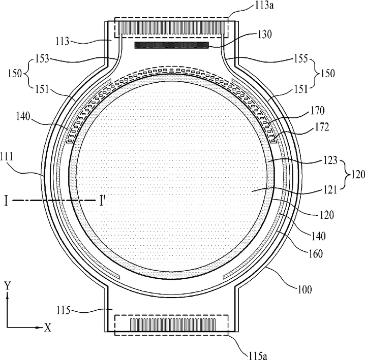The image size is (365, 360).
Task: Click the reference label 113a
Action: tap(264, 6)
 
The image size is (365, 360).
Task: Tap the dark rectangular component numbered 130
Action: tap(171, 45)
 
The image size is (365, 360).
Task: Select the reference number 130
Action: tap(264, 35)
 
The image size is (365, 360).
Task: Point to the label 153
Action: tap(42, 58)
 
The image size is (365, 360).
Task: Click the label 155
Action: tap(300, 58)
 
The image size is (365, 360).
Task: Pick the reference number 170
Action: tap(317, 110)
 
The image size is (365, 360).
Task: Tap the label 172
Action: tap(321, 127)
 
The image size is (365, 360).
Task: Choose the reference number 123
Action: tap(330, 160)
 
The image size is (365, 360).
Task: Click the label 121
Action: tap(330, 190)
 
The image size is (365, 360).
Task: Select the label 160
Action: tap(315, 254)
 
